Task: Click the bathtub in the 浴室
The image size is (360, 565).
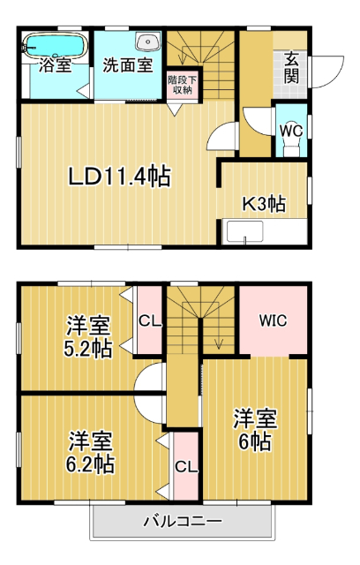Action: [54, 45]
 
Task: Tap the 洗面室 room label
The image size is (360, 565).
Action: [126, 64]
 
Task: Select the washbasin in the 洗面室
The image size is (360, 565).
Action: [146, 41]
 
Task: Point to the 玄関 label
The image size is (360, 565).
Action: [291, 68]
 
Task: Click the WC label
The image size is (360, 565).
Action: [290, 128]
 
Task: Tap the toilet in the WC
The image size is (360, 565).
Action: [291, 146]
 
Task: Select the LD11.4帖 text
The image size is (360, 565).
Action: [120, 176]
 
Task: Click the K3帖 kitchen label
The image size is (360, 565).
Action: [264, 203]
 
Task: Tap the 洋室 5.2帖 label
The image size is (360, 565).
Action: [86, 336]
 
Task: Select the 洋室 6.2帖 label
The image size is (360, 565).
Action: [91, 450]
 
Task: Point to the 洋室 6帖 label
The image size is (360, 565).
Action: [256, 429]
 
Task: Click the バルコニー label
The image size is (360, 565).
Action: [183, 521]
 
